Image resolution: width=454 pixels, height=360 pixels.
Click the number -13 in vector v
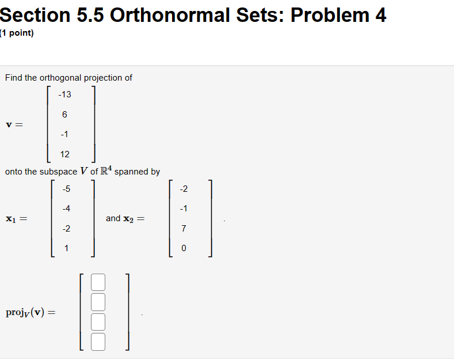(64, 94)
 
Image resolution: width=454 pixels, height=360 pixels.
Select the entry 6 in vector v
(64, 115)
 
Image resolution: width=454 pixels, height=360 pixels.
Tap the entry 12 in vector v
(64, 154)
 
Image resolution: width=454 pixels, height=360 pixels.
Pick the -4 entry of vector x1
(67, 209)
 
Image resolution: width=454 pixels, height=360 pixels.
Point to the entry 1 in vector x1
(67, 248)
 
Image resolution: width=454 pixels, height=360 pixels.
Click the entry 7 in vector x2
(184, 229)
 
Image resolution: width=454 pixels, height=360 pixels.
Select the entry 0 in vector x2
(184, 248)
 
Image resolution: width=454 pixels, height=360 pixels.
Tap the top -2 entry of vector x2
(184, 189)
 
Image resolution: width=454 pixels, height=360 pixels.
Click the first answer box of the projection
(98, 282)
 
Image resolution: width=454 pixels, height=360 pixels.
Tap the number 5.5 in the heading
(89, 14)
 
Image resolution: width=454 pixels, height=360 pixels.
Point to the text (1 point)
(17, 33)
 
